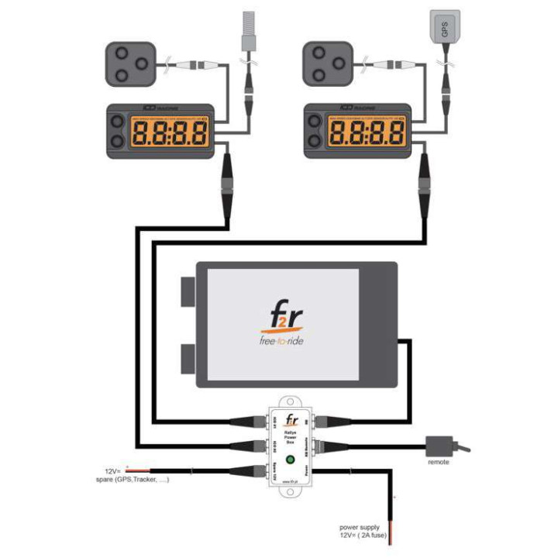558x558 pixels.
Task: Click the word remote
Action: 439,463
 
